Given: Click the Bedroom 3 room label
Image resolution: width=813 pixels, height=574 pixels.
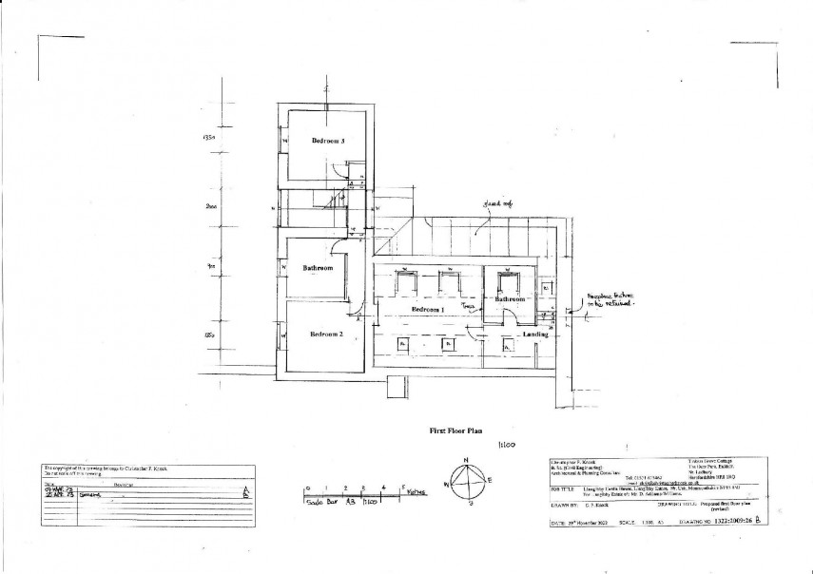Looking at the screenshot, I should [328, 141].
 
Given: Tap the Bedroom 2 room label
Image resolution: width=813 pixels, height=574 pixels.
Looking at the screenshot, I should [327, 335].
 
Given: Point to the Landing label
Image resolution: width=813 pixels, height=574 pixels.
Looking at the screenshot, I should [533, 334].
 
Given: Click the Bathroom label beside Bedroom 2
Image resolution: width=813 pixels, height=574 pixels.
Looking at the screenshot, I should [319, 268].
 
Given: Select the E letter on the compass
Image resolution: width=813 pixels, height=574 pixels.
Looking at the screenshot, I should [490, 481].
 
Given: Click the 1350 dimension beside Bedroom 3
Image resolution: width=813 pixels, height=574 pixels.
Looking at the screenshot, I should [211, 138].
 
